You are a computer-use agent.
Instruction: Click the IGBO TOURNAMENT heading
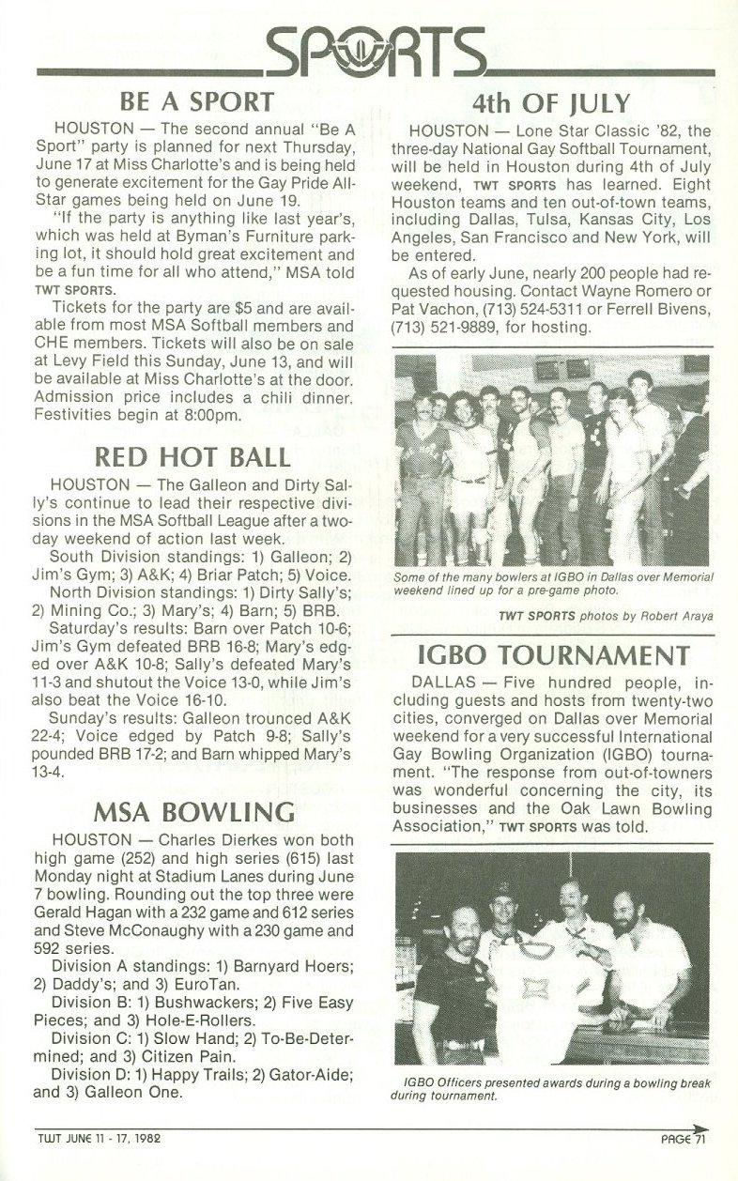pos(551,653)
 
